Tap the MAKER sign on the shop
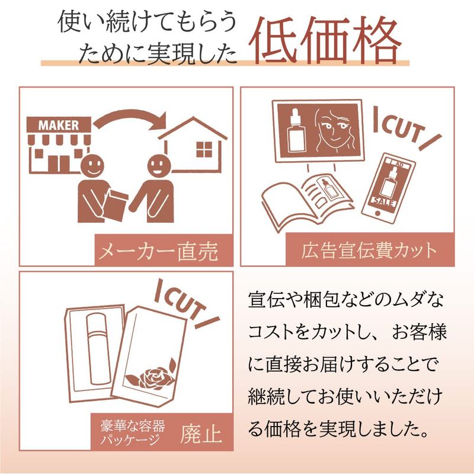pos(59,125)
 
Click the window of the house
pos(204,149)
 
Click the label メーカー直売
pos(158,251)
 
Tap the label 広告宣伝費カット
pos(369,251)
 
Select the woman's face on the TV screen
pos(334,131)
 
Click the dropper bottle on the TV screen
pos(294,131)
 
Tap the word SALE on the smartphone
pos(383,200)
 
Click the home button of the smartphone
pos(377,213)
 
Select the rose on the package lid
pos(153,377)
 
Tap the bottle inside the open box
pos(96,348)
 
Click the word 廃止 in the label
pos(201,434)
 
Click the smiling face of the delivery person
pos(92,167)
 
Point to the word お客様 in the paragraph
pos(419,332)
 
